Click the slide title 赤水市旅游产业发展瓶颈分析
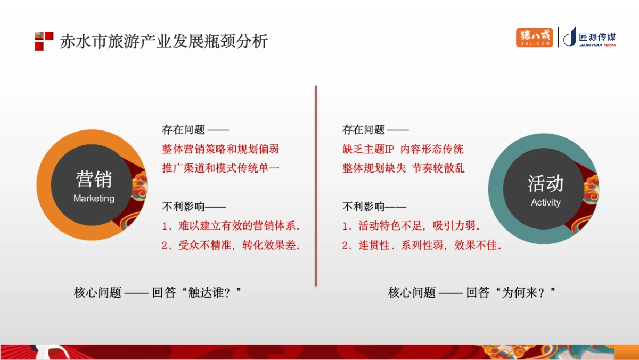point(163,42)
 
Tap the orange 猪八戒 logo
point(535,37)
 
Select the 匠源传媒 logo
point(590,37)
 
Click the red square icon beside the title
point(44,41)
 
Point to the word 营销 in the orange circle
point(94,179)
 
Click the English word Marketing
point(94,199)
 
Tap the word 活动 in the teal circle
point(545,183)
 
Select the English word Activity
point(545,202)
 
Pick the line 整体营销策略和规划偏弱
point(220,149)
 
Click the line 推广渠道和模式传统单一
point(220,168)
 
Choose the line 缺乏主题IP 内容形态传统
point(403,149)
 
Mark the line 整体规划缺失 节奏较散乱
point(403,168)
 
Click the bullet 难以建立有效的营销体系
point(232,226)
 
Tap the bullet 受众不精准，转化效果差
point(232,245)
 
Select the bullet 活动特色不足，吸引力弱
point(412,226)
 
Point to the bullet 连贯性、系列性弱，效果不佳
point(423,245)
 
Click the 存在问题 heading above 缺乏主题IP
point(364,129)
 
